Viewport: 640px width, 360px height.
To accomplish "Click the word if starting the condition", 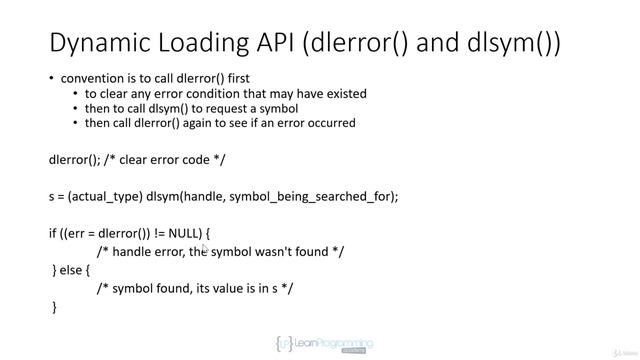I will click(53, 233).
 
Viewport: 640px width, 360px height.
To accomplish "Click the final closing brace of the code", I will click(55, 307).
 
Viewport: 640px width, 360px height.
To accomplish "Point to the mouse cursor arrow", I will click(205, 249).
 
